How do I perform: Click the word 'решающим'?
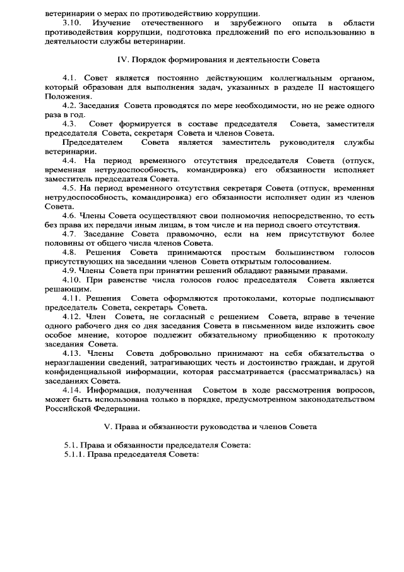[64, 289]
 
